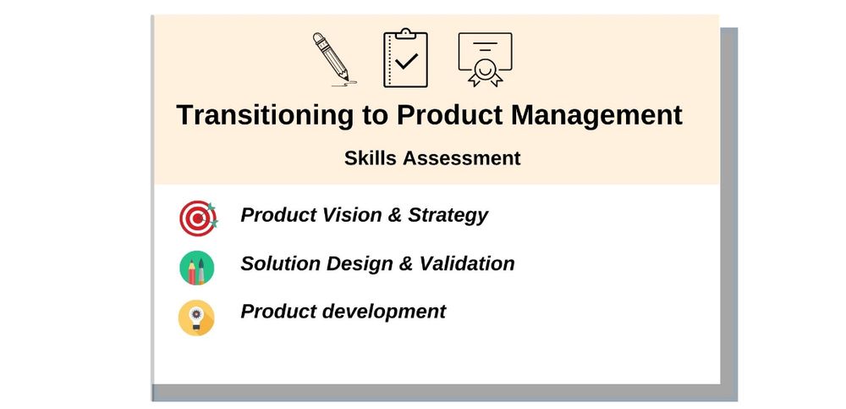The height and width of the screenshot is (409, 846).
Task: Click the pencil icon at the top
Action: point(333,58)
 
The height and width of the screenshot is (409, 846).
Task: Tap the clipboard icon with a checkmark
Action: point(406,58)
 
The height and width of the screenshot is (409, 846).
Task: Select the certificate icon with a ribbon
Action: point(485,59)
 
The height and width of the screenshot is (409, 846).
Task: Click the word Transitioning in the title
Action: point(265,115)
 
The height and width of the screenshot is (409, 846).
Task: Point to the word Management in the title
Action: point(596,115)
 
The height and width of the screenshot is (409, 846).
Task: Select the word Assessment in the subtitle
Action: point(462,158)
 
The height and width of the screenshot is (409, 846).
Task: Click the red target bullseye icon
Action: point(198,218)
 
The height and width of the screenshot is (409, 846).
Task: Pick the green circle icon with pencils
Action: point(197,268)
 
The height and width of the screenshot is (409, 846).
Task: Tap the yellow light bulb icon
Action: point(196,318)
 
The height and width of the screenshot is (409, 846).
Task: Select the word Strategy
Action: point(448,216)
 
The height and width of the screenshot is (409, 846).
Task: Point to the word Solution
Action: point(280,263)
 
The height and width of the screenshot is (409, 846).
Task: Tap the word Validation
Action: point(467,263)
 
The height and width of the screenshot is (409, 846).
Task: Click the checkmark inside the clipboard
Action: point(406,60)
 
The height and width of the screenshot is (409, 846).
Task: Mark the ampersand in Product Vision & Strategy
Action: point(395,215)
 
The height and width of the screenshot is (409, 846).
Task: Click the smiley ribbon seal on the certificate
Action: point(485,72)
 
